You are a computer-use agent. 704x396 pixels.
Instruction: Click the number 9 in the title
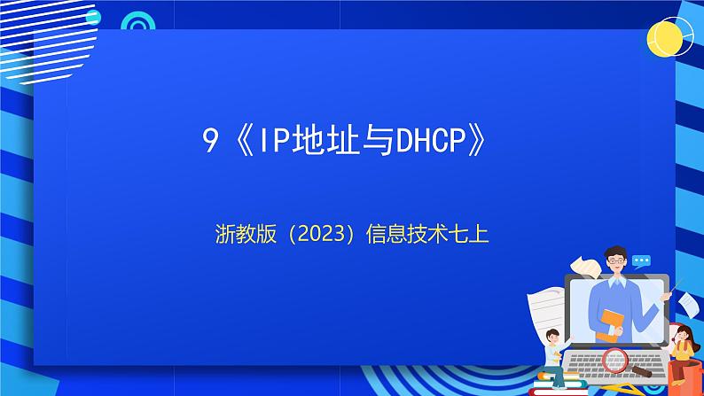point(210,142)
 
